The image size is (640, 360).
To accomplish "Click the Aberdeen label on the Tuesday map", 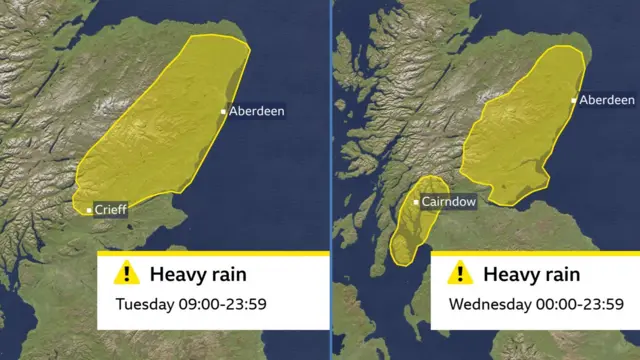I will (x=257, y=111).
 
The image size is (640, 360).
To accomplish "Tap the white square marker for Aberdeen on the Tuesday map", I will (x=223, y=111).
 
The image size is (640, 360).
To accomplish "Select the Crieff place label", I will (x=110, y=210).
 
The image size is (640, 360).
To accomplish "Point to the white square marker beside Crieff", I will (x=89, y=210).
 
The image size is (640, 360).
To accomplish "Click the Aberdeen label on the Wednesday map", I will (x=607, y=100).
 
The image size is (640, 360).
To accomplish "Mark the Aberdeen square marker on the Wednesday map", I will (x=574, y=100).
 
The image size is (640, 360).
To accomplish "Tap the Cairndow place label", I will (x=451, y=202).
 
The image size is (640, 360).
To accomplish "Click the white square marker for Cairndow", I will (x=416, y=202).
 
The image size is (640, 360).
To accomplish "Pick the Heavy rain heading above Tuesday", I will (x=198, y=274).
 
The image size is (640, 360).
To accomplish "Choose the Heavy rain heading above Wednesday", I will (x=532, y=274).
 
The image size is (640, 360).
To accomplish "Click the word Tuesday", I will (x=144, y=303).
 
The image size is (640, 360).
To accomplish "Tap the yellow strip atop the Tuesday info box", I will (x=213, y=253).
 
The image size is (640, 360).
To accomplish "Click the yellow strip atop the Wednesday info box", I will (x=535, y=253).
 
